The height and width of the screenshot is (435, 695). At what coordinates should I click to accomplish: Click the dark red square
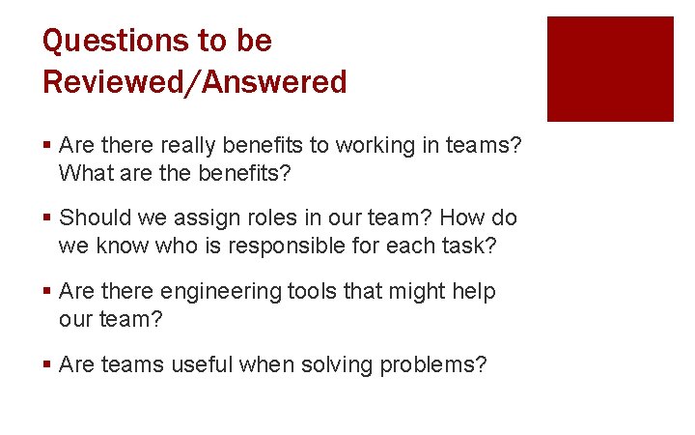pyautogui.click(x=610, y=69)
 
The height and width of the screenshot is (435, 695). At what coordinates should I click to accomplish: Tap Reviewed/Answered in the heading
pyautogui.click(x=194, y=82)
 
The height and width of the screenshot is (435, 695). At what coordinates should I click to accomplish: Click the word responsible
pyautogui.click(x=284, y=246)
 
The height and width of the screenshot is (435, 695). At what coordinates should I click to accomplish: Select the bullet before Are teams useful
pyautogui.click(x=47, y=365)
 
